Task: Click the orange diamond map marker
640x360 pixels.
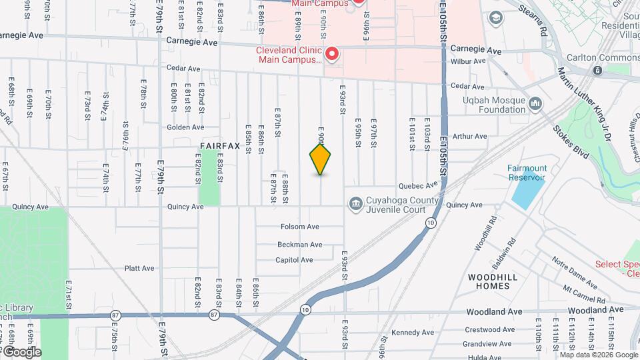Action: pyautogui.click(x=321, y=159)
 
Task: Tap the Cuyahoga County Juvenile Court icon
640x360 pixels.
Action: pyautogui.click(x=355, y=203)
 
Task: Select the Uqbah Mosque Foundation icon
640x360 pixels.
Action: pyautogui.click(x=536, y=103)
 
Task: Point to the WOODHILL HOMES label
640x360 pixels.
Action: pyautogui.click(x=489, y=281)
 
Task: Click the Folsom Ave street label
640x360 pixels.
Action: pyautogui.click(x=300, y=227)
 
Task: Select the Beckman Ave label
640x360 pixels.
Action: pyautogui.click(x=300, y=245)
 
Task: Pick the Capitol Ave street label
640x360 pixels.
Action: pyautogui.click(x=294, y=260)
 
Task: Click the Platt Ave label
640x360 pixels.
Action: pyautogui.click(x=139, y=269)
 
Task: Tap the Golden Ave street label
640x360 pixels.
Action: pyautogui.click(x=185, y=127)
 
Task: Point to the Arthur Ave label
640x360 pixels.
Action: pyautogui.click(x=470, y=137)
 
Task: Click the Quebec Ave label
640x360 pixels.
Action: pyautogui.click(x=418, y=186)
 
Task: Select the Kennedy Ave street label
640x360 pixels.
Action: pyautogui.click(x=413, y=332)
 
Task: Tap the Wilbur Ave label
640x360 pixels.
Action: pyautogui.click(x=469, y=61)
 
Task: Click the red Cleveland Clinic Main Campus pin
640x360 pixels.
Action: pyautogui.click(x=331, y=53)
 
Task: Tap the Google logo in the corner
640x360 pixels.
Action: pyautogui.click(x=21, y=352)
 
